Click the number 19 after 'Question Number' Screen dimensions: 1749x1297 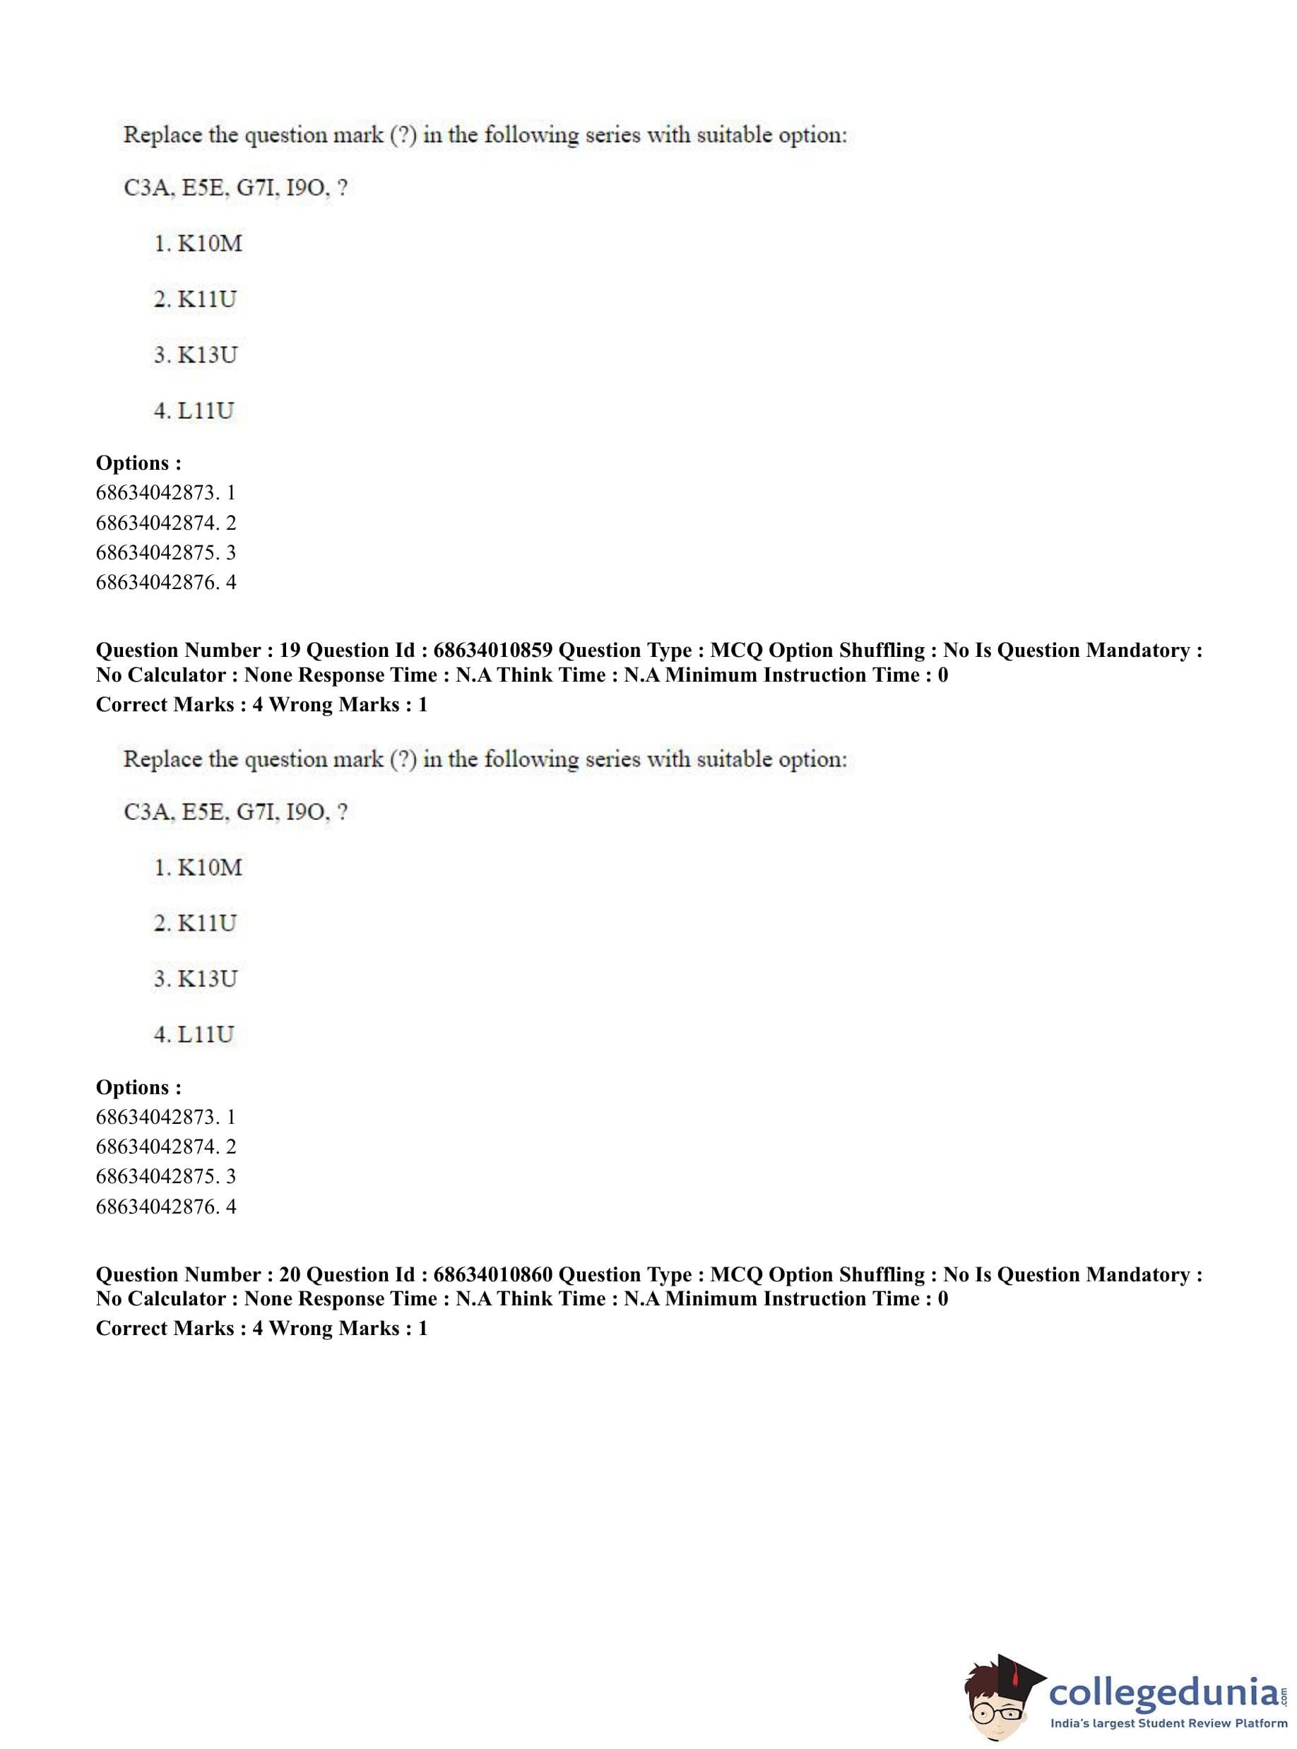[x=290, y=650]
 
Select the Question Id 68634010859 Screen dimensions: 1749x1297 [x=492, y=650]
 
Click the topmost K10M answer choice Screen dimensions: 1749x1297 [x=210, y=244]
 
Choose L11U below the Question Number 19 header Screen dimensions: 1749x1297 [x=206, y=1035]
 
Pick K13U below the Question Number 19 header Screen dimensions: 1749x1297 [x=207, y=979]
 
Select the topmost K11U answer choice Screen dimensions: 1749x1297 [x=206, y=299]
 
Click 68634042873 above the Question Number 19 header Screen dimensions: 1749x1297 [x=155, y=493]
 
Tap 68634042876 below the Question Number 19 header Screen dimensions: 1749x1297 [x=155, y=1206]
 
